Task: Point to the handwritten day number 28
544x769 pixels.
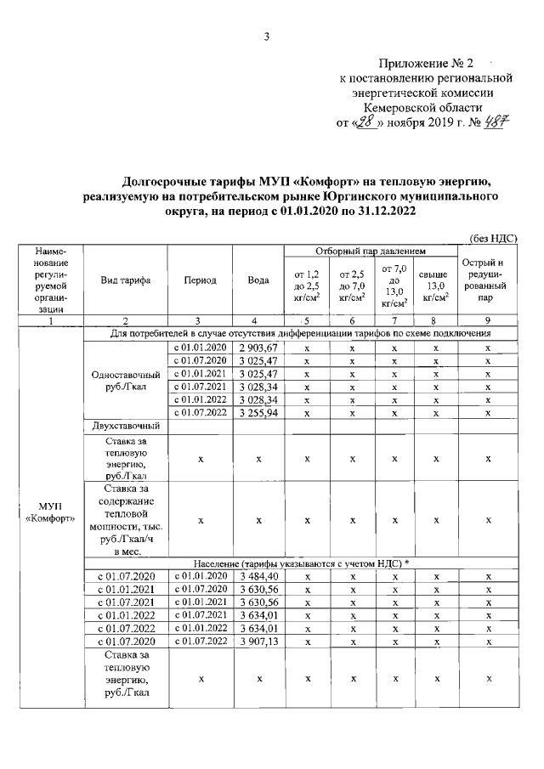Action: click(x=367, y=122)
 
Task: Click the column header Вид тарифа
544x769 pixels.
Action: click(x=125, y=281)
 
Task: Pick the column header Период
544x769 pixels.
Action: click(x=200, y=281)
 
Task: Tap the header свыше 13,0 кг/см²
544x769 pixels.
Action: click(x=434, y=286)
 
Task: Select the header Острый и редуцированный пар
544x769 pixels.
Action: click(x=488, y=280)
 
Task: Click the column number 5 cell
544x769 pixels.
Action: click(x=307, y=321)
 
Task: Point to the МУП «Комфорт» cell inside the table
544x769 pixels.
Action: click(x=50, y=513)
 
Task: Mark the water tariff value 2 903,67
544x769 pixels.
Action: click(x=258, y=348)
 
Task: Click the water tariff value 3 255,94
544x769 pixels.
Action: click(x=258, y=412)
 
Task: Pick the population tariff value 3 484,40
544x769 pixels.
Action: click(x=258, y=577)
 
